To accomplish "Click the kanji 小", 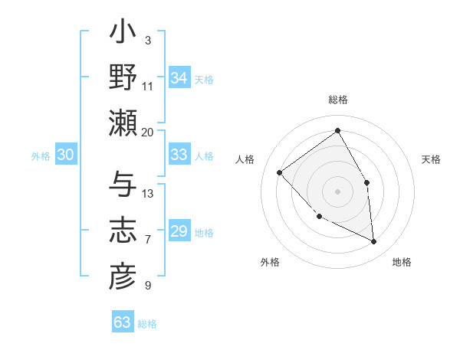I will tap(123, 34).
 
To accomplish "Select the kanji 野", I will tap(123, 79).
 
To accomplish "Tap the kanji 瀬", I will tap(123, 123).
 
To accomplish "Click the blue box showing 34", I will tap(179, 78).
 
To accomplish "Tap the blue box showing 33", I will tap(179, 155).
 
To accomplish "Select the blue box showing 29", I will tap(179, 231).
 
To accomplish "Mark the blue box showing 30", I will tap(66, 155).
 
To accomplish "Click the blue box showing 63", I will tap(123, 322).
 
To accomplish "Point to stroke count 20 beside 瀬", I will tap(148, 132).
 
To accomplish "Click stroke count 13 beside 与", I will tap(148, 193).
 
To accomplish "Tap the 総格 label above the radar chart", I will tap(337, 100).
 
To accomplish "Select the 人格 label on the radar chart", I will tap(245, 159).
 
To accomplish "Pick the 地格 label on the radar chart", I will tap(402, 263).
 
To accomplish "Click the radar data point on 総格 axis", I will tap(337, 131).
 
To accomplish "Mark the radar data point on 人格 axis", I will tap(280, 172).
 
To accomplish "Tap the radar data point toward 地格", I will tap(374, 242).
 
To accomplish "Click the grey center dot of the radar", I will tap(337, 191).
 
